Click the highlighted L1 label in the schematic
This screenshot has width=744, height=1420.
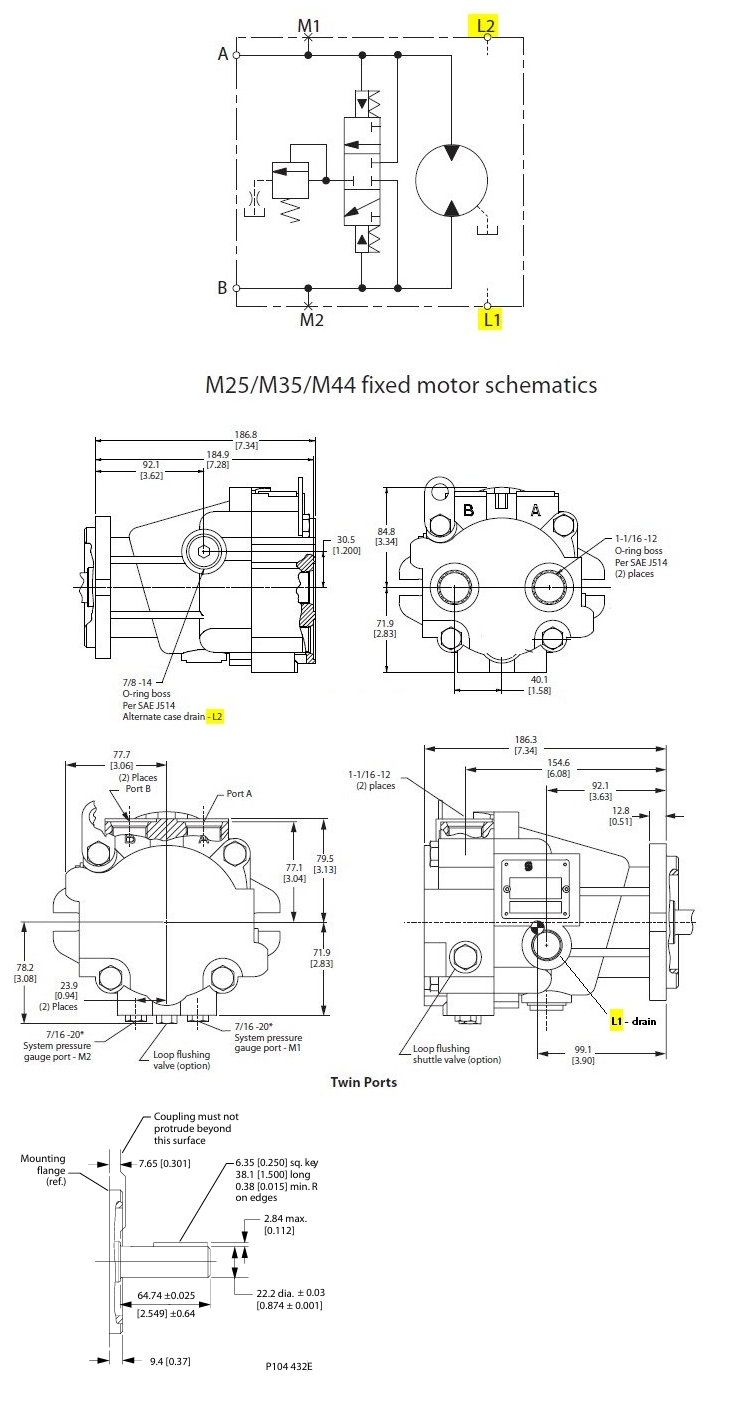point(491,320)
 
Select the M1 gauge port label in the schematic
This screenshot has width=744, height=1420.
point(309,23)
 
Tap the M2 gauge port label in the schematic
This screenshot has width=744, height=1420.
point(312,320)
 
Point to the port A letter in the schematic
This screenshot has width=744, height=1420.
point(223,54)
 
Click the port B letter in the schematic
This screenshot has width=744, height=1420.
point(223,288)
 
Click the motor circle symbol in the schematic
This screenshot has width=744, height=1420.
point(451,180)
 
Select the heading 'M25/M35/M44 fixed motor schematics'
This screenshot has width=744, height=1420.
point(401,384)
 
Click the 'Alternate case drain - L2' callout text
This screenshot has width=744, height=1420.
point(173,717)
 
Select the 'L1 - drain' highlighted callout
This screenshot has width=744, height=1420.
point(634,1021)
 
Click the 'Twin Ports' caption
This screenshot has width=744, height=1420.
point(364,1082)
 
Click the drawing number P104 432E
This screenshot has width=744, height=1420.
point(295,1364)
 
